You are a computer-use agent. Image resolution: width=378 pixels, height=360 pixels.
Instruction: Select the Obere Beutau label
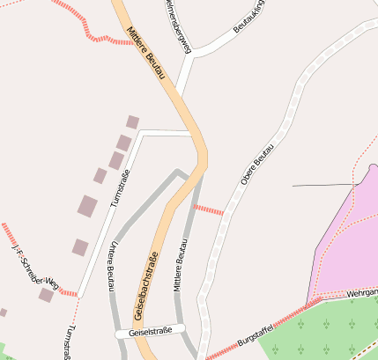[x=257, y=164]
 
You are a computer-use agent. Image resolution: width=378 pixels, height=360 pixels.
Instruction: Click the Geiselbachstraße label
[x=146, y=284]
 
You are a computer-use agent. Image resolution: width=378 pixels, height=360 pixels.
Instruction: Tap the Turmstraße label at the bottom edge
[x=67, y=345]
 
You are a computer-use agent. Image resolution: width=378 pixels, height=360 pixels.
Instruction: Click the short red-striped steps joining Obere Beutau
[x=208, y=209]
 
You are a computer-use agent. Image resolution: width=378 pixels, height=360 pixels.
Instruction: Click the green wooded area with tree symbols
[x=326, y=330]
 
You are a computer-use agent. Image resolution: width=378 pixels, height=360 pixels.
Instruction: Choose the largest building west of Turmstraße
[x=87, y=206]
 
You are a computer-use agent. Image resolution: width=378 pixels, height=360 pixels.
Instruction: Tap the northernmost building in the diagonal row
[x=133, y=122]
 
